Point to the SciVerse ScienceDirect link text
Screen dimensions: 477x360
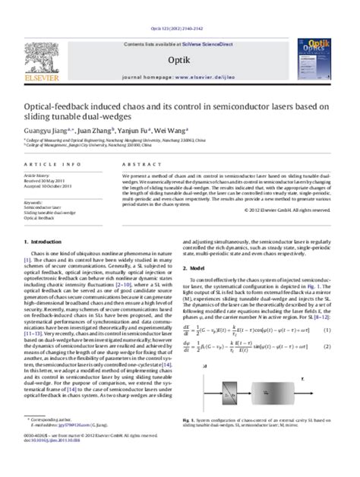click(210, 17)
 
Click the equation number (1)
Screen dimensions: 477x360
click(327, 308)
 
